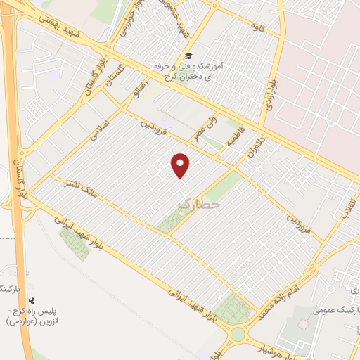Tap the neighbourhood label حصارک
click(199, 204)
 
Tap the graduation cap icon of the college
click(188, 56)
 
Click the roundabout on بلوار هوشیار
click(238, 334)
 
